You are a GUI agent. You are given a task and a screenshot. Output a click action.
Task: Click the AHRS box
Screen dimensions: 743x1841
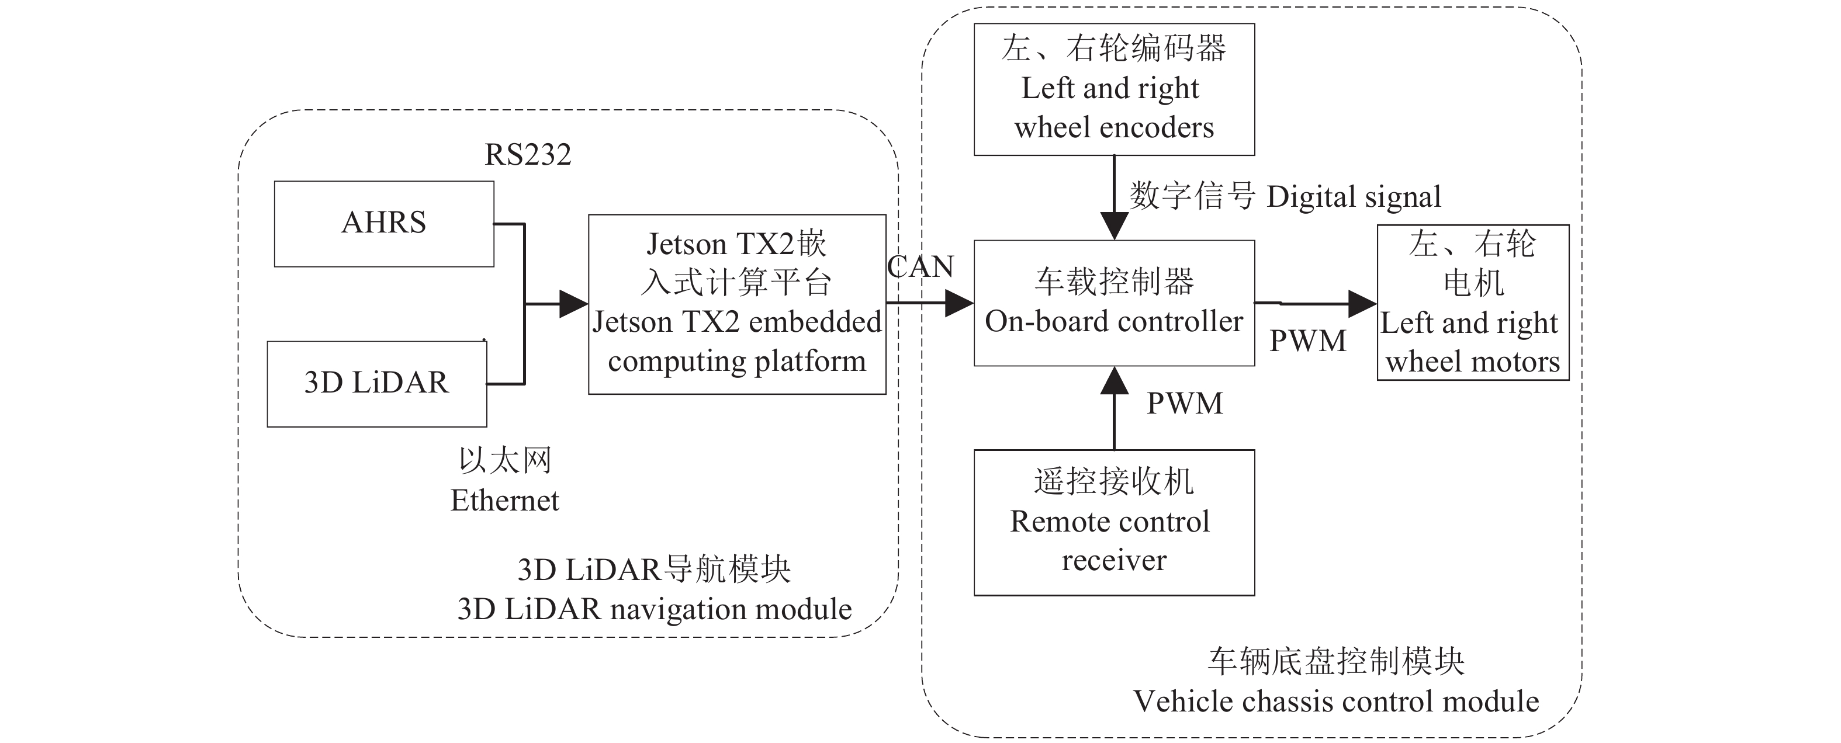click(x=384, y=224)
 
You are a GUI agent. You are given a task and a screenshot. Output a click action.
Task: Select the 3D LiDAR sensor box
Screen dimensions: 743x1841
click(x=376, y=384)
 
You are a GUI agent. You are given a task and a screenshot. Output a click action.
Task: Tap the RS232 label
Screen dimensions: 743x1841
click(x=527, y=154)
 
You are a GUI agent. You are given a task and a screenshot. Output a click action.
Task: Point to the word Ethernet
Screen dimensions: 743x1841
click(x=504, y=500)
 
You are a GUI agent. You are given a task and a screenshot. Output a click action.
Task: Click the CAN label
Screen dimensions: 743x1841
click(x=920, y=266)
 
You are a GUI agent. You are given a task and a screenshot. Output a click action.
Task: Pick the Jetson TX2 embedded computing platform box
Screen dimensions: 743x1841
click(x=737, y=304)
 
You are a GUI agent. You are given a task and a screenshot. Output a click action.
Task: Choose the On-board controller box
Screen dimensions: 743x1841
click(x=1113, y=303)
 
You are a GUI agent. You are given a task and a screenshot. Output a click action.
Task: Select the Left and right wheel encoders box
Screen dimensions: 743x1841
click(x=1113, y=89)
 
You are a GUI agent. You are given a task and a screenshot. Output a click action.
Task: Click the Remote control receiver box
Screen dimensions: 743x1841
click(x=1113, y=522)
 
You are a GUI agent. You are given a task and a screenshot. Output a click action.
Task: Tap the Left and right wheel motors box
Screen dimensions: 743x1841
click(x=1472, y=302)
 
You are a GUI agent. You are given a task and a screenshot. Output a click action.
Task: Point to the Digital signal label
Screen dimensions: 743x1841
click(x=1354, y=196)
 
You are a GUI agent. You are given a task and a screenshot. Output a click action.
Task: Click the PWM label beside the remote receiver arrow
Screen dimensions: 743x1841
click(x=1184, y=404)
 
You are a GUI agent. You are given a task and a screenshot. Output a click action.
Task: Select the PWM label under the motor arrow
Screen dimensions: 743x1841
click(x=1307, y=341)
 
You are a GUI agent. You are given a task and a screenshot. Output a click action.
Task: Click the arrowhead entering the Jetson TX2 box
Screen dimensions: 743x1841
click(x=573, y=304)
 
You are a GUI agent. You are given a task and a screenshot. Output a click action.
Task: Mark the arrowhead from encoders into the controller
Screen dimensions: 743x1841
click(x=1113, y=225)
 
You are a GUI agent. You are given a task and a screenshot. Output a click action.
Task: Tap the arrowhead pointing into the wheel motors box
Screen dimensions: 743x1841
click(x=1362, y=304)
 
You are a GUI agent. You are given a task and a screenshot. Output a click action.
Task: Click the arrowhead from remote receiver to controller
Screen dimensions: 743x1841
click(x=1113, y=381)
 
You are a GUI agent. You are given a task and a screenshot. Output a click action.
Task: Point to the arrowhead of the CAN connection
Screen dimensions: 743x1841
click(x=959, y=304)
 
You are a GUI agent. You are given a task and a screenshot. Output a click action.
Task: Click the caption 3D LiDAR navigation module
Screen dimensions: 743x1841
click(x=654, y=609)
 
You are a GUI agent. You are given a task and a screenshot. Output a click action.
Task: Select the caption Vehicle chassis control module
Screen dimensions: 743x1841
click(x=1335, y=702)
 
